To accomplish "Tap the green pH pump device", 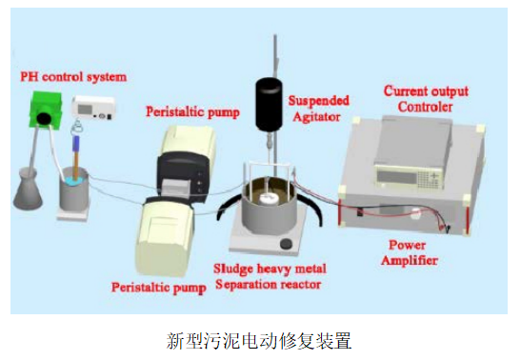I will click(x=44, y=110).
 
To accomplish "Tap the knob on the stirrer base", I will click(x=284, y=248).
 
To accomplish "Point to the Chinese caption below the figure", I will click(x=259, y=337).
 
